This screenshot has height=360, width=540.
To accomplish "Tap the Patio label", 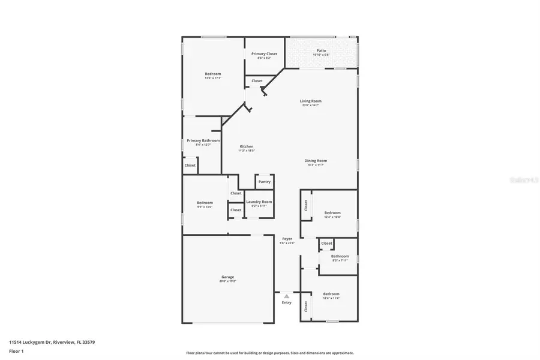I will click(321, 51).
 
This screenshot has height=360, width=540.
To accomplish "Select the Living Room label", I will click(310, 101).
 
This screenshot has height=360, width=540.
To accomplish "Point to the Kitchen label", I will click(247, 146).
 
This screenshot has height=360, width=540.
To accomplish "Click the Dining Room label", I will click(317, 161).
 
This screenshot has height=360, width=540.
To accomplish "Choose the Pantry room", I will click(264, 182).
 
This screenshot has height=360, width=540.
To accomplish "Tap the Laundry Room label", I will click(259, 202).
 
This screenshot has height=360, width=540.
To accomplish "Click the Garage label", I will click(227, 277).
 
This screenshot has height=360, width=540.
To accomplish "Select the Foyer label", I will click(287, 239).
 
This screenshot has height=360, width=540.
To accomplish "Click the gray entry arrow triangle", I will click(287, 296).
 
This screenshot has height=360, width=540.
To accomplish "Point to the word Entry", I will click(287, 302).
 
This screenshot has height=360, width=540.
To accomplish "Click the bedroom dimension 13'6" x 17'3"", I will click(213, 79).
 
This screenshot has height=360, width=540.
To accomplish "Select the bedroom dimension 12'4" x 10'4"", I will click(332, 217).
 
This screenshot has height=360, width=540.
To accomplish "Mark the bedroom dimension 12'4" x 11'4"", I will click(331, 298).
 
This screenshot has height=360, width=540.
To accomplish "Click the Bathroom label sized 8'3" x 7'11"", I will click(340, 256).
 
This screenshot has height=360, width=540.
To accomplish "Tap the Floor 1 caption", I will click(16, 350).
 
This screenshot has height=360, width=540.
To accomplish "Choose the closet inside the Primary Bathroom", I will click(190, 166).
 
